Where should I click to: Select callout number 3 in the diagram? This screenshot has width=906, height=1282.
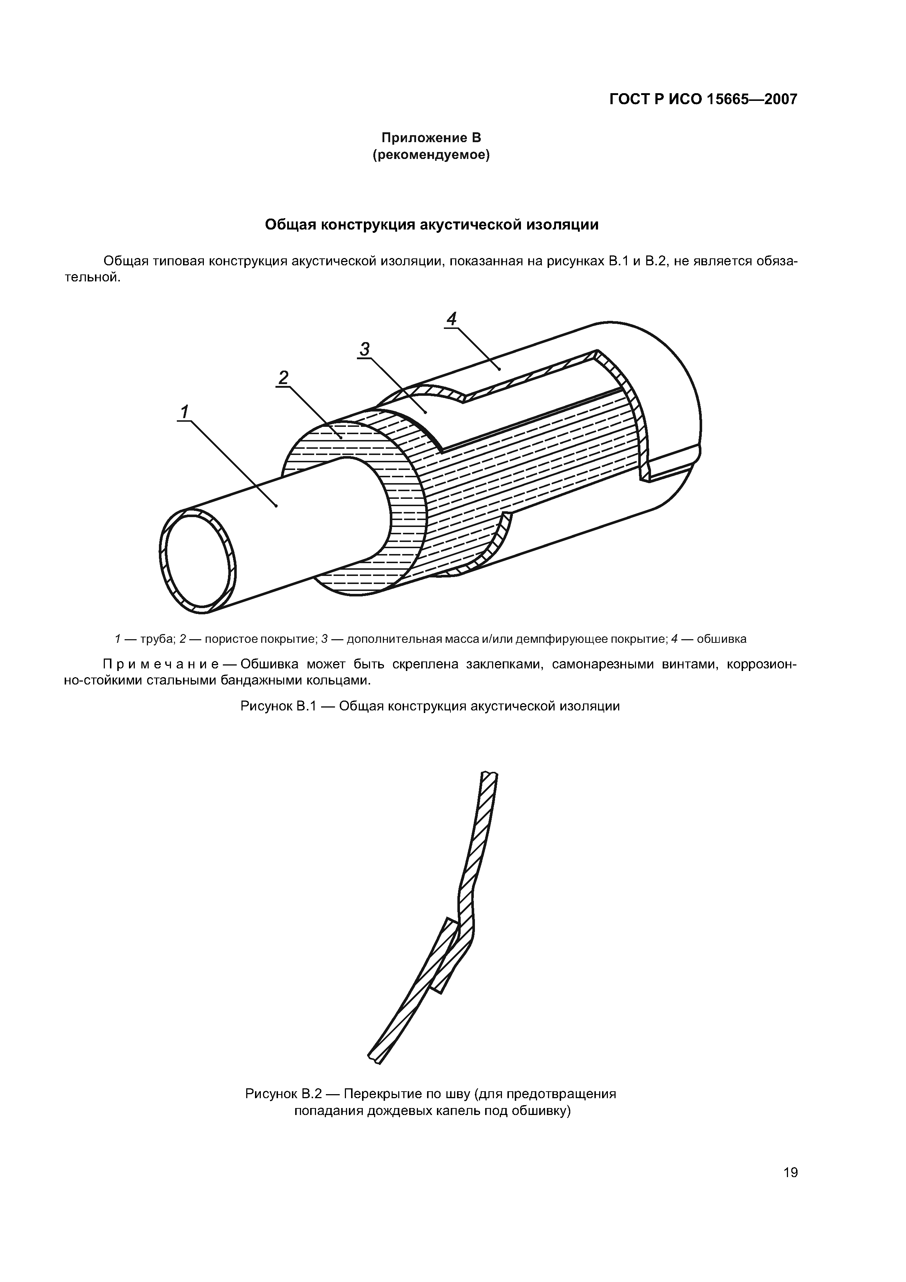[364, 349]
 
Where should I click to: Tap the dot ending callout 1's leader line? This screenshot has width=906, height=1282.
[276, 506]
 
